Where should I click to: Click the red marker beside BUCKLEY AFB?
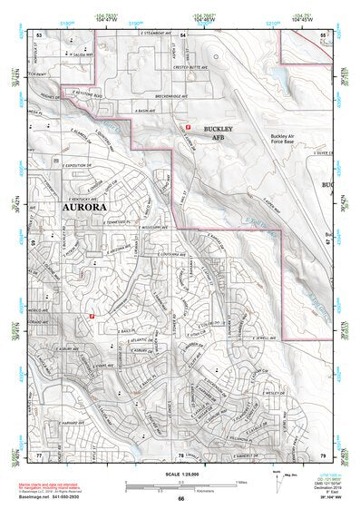pos(188,129)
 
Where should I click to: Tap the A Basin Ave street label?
pos(148,109)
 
